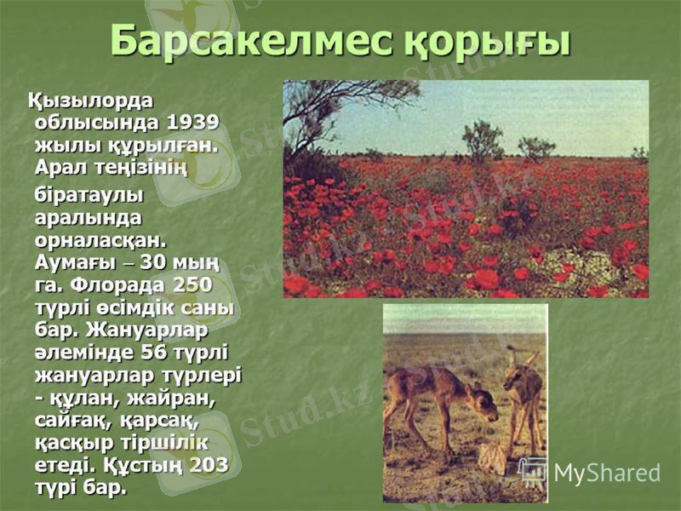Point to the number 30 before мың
[x=154, y=260]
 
